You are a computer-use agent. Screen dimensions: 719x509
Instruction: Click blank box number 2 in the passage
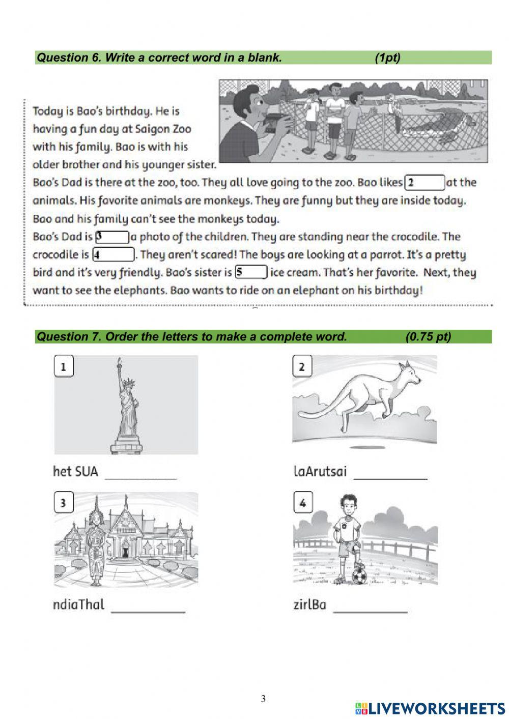pyautogui.click(x=425, y=183)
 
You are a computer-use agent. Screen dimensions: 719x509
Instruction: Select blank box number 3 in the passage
pyautogui.click(x=112, y=237)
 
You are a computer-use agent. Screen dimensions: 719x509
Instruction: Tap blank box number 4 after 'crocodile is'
pyautogui.click(x=113, y=255)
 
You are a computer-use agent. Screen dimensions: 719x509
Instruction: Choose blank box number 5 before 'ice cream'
pyautogui.click(x=251, y=273)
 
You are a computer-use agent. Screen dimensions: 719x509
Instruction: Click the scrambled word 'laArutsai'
pyautogui.click(x=320, y=472)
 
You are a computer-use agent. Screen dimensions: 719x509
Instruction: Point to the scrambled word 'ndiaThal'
pyautogui.click(x=78, y=605)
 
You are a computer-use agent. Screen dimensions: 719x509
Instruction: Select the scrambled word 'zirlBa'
pyautogui.click(x=309, y=605)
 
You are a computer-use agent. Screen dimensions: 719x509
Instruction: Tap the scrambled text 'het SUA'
pyautogui.click(x=75, y=472)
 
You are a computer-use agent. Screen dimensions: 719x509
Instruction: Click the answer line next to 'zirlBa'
pyautogui.click(x=370, y=609)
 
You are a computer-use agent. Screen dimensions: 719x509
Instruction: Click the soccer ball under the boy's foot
pyautogui.click(x=359, y=576)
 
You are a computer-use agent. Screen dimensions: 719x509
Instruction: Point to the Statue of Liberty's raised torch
pyautogui.click(x=120, y=362)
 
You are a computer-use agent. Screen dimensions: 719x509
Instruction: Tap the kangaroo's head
pyautogui.click(x=410, y=373)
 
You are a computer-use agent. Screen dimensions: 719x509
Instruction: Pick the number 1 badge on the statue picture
pyautogui.click(x=64, y=366)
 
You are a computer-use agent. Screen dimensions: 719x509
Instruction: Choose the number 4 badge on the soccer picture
pyautogui.click(x=303, y=503)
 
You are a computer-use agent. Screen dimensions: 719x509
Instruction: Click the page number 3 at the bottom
pyautogui.click(x=263, y=699)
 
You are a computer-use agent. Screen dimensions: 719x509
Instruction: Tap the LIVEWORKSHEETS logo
pyautogui.click(x=430, y=708)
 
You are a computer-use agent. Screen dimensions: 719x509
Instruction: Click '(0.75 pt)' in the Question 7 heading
pyautogui.click(x=428, y=337)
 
